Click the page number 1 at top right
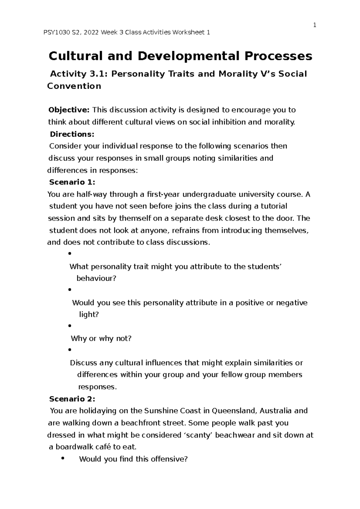[x=315, y=25]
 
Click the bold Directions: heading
[x=72, y=134]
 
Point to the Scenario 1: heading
[x=72, y=182]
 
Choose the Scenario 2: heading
[x=72, y=399]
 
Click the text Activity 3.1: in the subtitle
[x=80, y=74]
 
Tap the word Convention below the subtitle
[x=74, y=86]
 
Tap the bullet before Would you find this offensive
[x=63, y=458]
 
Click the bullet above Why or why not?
[x=70, y=326]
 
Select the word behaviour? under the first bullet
[x=96, y=278]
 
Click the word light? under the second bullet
[x=89, y=315]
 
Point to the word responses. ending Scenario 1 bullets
[x=97, y=387]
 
